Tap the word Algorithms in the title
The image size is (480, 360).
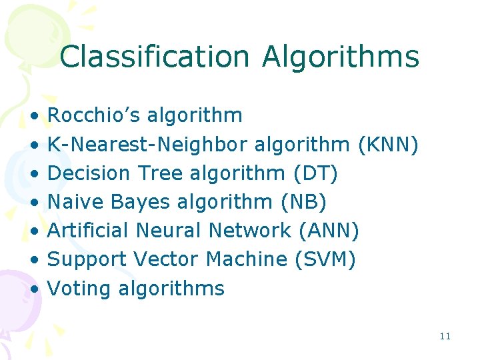click(340, 57)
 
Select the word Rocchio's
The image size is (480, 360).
click(94, 115)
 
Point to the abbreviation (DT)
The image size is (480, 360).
click(315, 173)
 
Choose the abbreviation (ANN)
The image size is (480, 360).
click(329, 231)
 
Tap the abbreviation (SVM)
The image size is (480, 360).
click(325, 259)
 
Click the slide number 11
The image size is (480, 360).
click(445, 336)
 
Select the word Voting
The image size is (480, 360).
click(80, 289)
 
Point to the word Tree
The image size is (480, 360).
click(160, 173)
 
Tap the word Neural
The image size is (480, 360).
click(169, 231)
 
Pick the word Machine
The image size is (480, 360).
click(247, 259)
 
